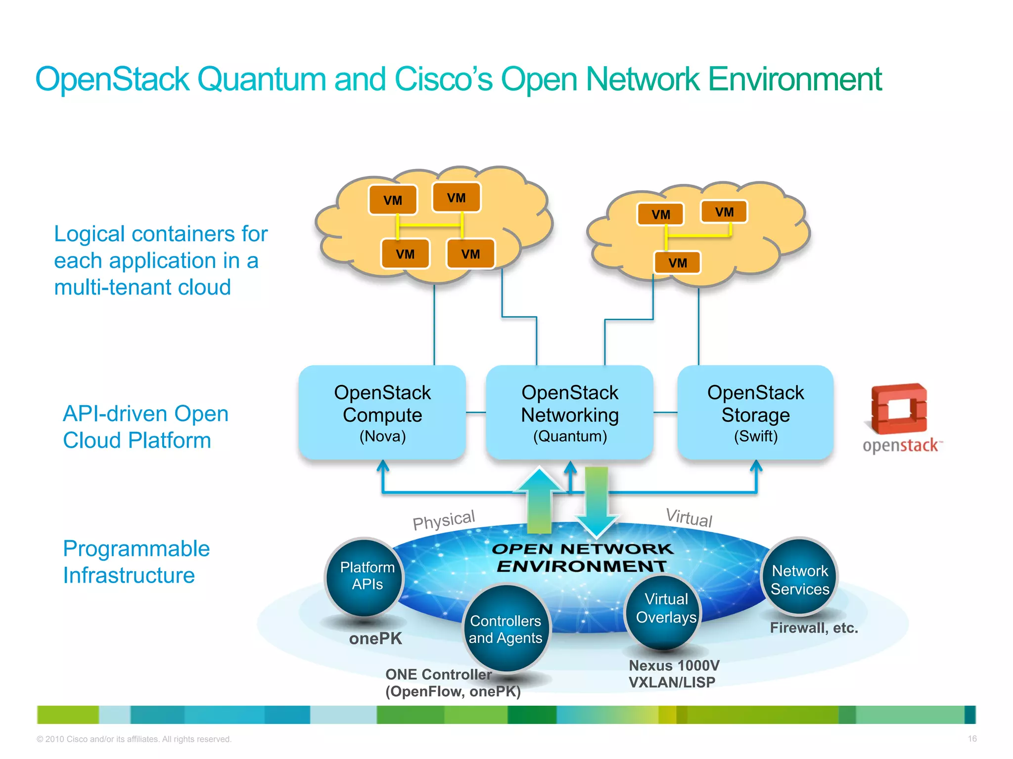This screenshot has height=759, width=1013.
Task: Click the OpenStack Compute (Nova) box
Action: [x=382, y=413]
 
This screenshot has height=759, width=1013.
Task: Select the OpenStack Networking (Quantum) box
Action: [x=569, y=413]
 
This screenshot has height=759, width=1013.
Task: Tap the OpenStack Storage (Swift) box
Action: [x=755, y=413]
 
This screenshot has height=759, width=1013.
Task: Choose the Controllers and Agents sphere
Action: [x=506, y=629]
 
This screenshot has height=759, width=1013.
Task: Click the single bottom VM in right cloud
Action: [x=677, y=262]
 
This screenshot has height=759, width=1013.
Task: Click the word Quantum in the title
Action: [x=261, y=79]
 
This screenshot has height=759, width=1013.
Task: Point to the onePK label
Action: [x=375, y=638]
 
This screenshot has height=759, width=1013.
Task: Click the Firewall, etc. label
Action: [x=814, y=628]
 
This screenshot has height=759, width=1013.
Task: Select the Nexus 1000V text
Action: [x=674, y=666]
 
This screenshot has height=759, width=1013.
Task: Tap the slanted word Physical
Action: [x=444, y=520]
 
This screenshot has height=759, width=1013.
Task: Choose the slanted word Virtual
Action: [x=689, y=517]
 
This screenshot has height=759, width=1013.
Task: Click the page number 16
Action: [x=972, y=739]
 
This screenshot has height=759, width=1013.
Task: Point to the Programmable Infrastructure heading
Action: [x=136, y=562]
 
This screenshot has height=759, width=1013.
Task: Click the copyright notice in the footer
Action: [x=134, y=739]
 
